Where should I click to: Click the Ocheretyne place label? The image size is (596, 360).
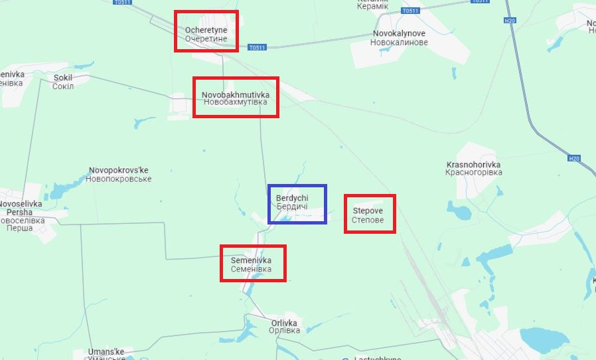(x=206, y=35)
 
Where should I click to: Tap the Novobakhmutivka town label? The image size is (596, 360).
(x=236, y=98)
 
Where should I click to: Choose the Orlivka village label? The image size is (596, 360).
(x=284, y=326)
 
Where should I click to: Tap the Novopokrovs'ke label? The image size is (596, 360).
(x=119, y=175)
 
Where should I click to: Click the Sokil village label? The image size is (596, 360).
(x=63, y=82)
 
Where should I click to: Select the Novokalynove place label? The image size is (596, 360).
(x=399, y=37)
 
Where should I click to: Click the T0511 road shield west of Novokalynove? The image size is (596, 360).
(x=258, y=47)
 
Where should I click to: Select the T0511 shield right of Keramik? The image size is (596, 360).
(x=411, y=11)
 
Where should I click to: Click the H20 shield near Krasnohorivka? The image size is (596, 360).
(x=574, y=158)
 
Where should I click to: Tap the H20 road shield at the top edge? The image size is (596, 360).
(x=510, y=21)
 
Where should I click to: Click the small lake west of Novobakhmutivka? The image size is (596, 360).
(x=142, y=123)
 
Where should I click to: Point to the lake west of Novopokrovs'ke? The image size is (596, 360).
(x=59, y=191)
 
